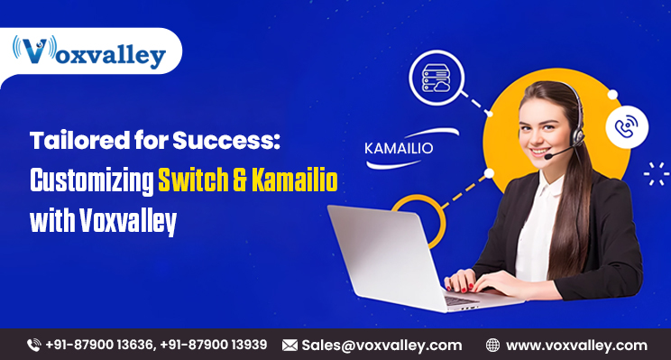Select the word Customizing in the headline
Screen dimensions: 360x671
click(91, 180)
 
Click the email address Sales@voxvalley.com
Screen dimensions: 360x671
click(381, 345)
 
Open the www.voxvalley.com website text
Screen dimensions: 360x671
click(576, 345)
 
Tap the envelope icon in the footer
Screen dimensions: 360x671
click(290, 345)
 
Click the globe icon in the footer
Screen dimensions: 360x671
click(493, 345)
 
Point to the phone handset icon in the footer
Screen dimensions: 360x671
click(34, 345)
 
